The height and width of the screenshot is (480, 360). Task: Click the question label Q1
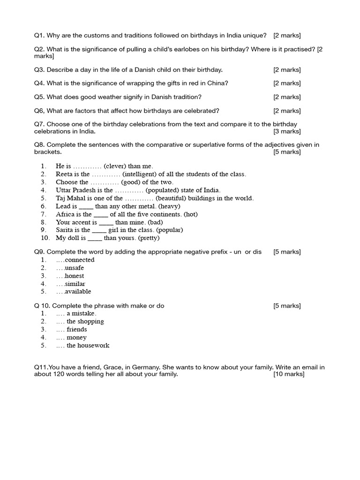coord(39,36)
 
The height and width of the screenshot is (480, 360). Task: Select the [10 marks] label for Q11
coord(289,374)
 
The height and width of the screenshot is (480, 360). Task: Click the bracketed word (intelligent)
coord(140,174)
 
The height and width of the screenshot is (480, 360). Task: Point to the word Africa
coord(65,214)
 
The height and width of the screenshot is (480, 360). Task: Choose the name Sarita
coord(65,230)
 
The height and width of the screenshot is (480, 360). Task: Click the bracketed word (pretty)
coord(149,238)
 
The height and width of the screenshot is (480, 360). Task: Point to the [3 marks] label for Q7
coord(287,132)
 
